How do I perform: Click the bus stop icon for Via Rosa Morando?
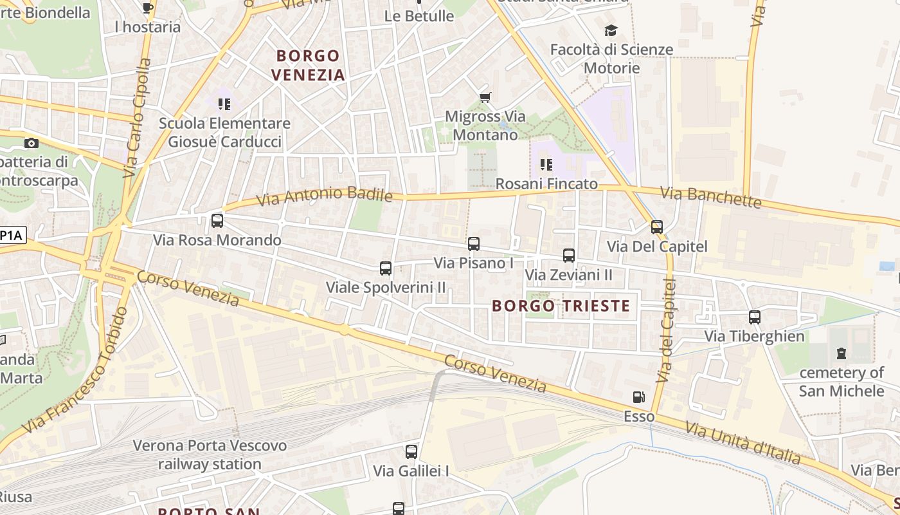pos(217,221)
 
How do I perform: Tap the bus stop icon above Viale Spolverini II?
pos(386,268)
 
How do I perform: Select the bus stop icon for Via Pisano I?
pos(474,244)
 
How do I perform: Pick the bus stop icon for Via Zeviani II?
pos(569,256)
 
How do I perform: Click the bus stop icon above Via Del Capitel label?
pos(656,227)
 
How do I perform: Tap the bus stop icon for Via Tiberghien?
pos(755,317)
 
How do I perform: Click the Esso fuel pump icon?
pos(638,398)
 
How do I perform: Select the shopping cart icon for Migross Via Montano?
pos(485,98)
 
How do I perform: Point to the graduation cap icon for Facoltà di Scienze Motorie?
pos(611,30)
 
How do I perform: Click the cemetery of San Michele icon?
pos(842,353)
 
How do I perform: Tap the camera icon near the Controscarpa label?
pos(31,143)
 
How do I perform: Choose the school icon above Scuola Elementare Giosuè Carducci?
pos(224,104)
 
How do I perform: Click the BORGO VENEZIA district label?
pos(308,65)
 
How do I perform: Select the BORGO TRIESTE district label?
pos(561,306)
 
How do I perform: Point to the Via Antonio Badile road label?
pos(324,195)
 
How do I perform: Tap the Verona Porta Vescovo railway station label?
pos(210,454)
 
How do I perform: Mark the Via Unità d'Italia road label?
pos(742,442)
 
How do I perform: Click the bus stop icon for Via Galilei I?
pos(411,452)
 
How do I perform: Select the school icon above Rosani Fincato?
pos(546,165)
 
